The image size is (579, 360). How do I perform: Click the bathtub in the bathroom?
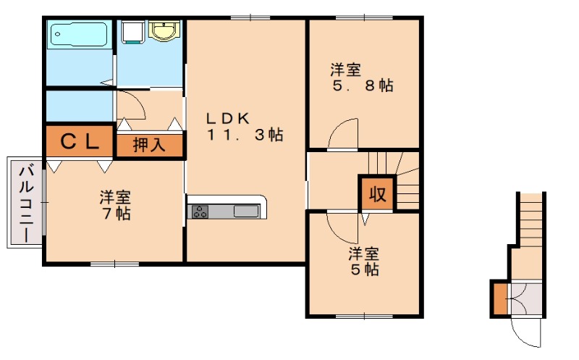click(77, 35)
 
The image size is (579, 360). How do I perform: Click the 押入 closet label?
click(149, 145)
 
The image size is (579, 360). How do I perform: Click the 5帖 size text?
click(363, 270)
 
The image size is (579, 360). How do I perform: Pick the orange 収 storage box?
click(377, 193)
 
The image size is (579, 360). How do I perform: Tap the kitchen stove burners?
click(198, 211)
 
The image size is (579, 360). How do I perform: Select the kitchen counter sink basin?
click(246, 211)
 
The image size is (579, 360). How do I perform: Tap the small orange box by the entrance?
click(499, 298)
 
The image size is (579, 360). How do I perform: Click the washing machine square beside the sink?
click(132, 31)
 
